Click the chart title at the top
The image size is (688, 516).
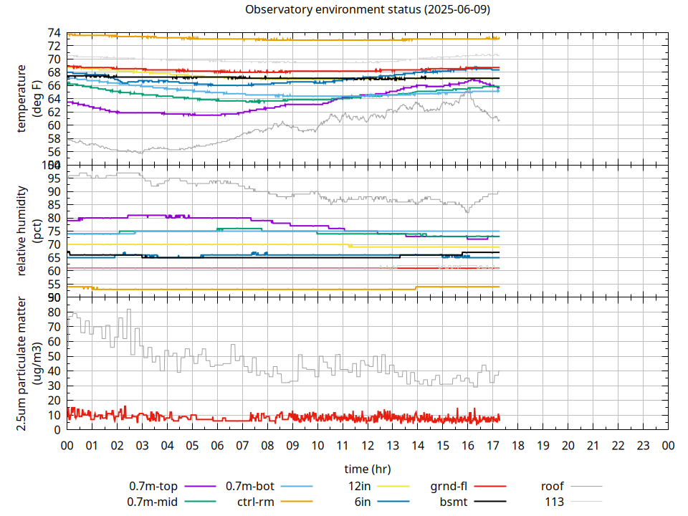[x=368, y=9]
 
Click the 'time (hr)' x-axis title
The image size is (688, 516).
[x=368, y=469]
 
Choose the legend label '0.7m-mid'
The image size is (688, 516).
[x=153, y=502]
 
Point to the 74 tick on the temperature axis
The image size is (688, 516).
[x=54, y=33]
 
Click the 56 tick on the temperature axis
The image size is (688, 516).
[x=54, y=152]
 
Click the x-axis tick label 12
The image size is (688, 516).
[x=368, y=446]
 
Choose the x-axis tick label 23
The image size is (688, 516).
[x=644, y=446]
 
